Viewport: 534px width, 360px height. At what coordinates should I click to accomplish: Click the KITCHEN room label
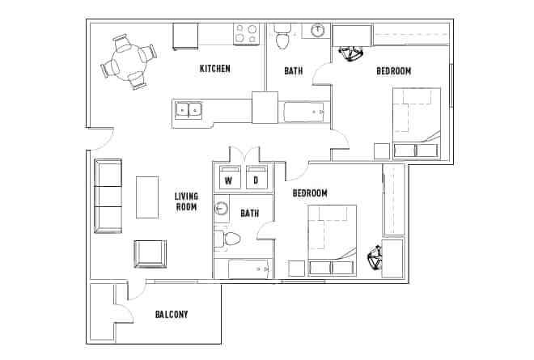point(214,69)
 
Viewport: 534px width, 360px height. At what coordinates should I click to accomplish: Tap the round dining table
point(129,63)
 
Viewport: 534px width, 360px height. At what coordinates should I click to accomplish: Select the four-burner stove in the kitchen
point(246,34)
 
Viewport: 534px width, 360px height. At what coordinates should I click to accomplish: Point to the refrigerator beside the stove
point(185,36)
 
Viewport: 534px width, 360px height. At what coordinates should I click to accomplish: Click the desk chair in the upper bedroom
point(353,53)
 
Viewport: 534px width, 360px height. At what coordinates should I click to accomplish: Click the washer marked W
point(229,180)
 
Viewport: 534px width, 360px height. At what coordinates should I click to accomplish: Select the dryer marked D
point(257,180)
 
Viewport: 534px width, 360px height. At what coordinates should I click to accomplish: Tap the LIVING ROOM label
point(186,201)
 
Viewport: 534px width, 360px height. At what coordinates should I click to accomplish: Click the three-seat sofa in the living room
point(108,196)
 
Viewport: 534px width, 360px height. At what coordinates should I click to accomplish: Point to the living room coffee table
point(147,197)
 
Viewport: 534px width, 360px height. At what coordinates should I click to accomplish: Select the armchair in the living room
point(149,253)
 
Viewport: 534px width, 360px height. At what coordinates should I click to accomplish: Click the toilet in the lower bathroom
point(228,239)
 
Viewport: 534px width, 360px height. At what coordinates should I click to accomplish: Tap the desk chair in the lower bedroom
point(377,259)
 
